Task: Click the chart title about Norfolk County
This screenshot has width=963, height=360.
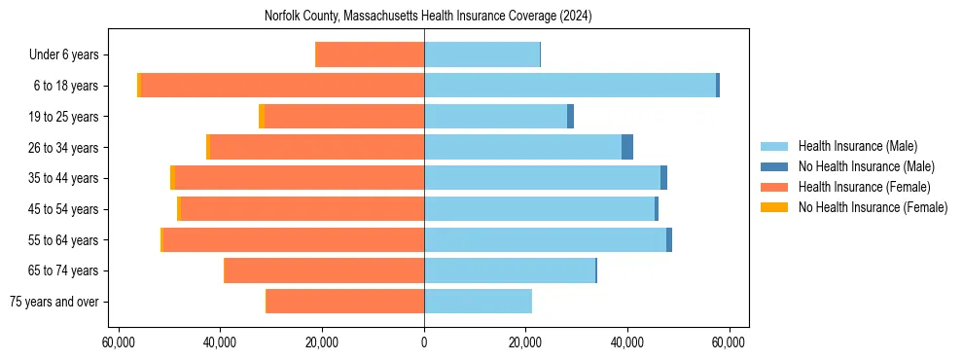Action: point(428,17)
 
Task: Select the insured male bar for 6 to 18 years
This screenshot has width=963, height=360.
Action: point(569,86)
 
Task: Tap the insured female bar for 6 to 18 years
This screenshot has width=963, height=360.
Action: point(282,86)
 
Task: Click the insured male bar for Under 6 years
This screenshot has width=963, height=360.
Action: point(481,54)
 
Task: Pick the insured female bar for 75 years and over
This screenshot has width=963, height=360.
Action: point(344,302)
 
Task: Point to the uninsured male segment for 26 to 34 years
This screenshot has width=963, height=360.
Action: point(627,147)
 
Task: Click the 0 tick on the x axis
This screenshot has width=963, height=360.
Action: point(424,342)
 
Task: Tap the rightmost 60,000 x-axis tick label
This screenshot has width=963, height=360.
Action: point(729,342)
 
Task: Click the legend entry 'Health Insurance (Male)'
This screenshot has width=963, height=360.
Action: point(857,146)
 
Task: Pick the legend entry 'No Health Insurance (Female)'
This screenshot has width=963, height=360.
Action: point(873,207)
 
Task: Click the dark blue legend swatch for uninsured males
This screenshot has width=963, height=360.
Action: point(774,166)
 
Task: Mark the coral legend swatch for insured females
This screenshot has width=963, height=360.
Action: point(774,187)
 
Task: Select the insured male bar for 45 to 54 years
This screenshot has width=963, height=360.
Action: point(539,209)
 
